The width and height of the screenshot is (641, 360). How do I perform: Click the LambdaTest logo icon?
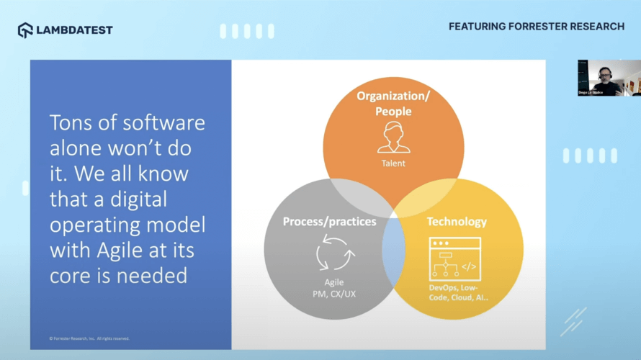tap(25, 30)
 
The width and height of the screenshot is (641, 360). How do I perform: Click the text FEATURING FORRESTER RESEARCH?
tap(536, 27)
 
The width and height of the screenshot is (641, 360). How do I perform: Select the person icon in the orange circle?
tap(393, 137)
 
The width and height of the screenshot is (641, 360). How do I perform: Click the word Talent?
tap(393, 163)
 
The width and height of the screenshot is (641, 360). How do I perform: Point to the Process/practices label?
tap(329, 222)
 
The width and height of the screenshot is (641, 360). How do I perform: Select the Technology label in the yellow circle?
tap(457, 222)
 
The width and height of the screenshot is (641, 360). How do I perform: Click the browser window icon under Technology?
tap(454, 258)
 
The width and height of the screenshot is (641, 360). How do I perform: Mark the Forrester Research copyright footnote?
tap(89, 338)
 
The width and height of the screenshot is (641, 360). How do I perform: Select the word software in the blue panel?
tap(160, 123)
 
